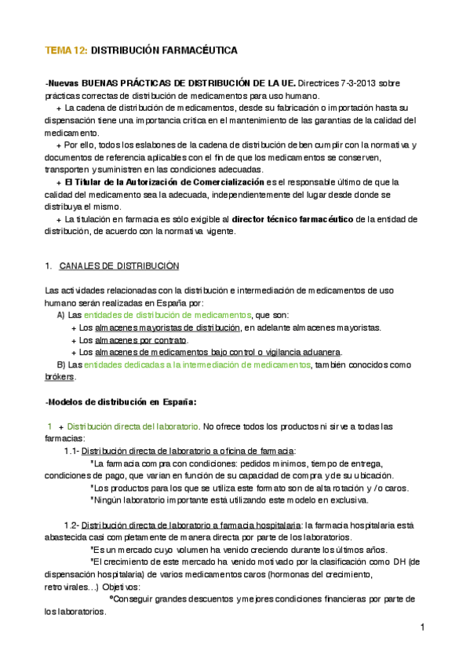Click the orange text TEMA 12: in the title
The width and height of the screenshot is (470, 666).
[67, 50]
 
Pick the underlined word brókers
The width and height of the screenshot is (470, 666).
[60, 377]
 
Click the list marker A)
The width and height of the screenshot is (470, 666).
[61, 314]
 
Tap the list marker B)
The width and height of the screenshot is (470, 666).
[61, 364]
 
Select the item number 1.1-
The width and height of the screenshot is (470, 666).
[71, 451]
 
